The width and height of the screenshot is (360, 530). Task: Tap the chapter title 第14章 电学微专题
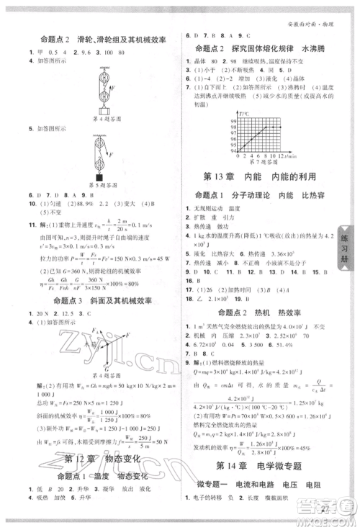tap(262, 464)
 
